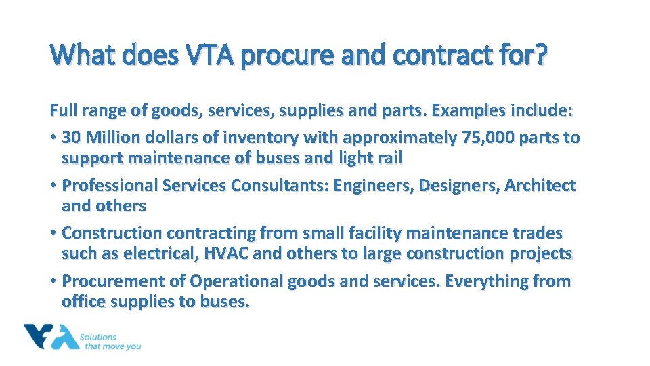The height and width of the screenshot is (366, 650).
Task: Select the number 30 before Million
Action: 70,138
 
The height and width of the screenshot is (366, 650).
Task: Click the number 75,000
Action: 484,138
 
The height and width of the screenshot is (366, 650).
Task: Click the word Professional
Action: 106,186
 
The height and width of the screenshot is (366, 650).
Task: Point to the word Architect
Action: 538,186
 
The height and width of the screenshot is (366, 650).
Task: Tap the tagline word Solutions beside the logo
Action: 98,337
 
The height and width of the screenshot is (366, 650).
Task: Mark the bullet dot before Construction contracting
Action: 53,234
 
